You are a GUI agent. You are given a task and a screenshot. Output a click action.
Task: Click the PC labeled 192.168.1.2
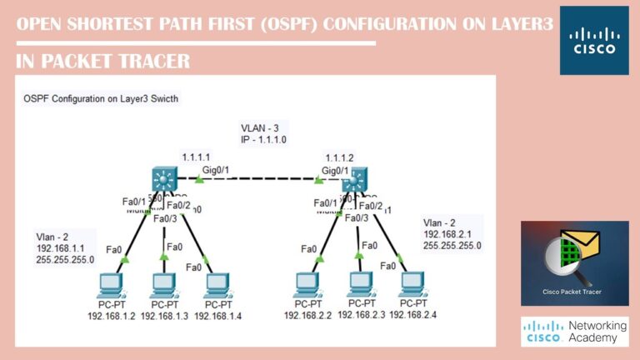(x=111, y=286)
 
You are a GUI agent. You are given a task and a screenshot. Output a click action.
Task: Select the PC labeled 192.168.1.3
(x=163, y=286)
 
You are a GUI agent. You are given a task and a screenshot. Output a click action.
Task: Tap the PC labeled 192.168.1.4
(x=216, y=286)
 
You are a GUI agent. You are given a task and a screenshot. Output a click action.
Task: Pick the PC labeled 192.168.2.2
(x=307, y=286)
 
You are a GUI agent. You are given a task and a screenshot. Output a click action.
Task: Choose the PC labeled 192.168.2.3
(x=360, y=286)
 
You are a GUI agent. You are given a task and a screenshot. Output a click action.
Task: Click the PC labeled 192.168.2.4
(x=412, y=286)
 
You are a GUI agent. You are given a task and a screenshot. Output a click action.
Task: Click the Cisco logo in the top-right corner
(x=593, y=40)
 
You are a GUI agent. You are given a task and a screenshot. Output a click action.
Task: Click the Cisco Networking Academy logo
(x=575, y=331)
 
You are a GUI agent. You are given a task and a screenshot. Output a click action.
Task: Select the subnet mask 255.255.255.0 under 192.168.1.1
(x=65, y=259)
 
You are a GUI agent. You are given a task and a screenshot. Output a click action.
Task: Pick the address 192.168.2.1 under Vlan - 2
(x=448, y=234)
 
